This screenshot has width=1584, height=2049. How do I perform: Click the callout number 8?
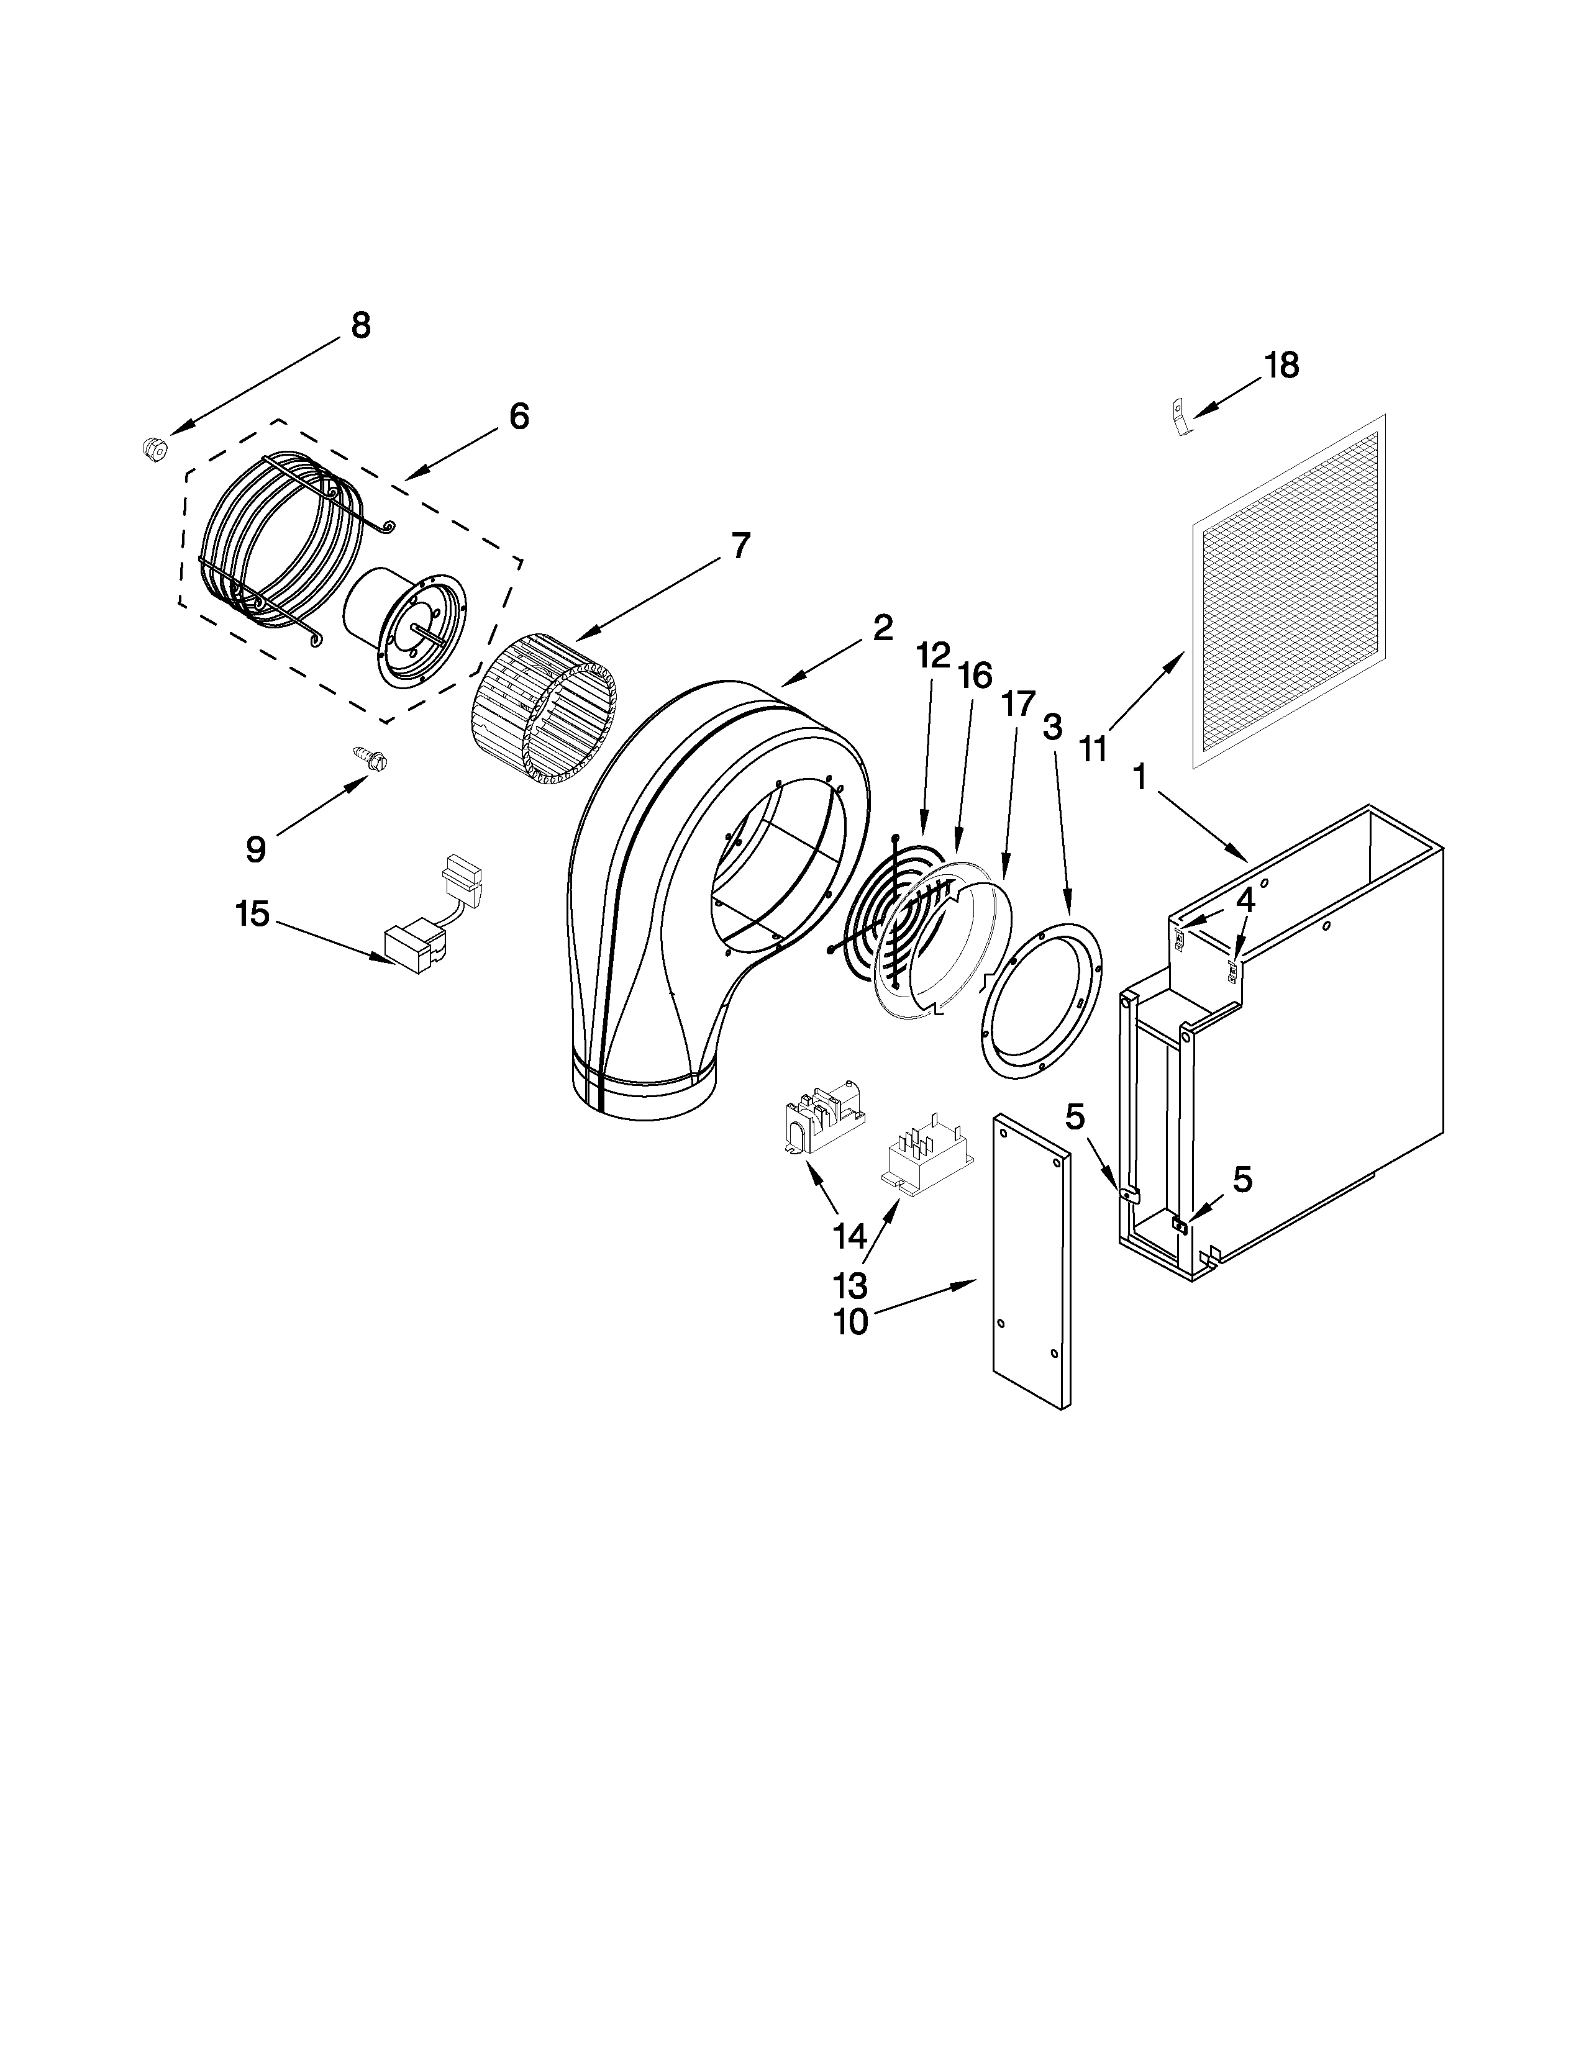point(360,325)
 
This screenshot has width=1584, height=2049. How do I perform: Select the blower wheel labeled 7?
point(542,709)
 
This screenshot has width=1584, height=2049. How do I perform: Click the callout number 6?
point(518,415)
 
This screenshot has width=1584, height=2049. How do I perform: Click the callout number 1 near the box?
point(1140,777)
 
